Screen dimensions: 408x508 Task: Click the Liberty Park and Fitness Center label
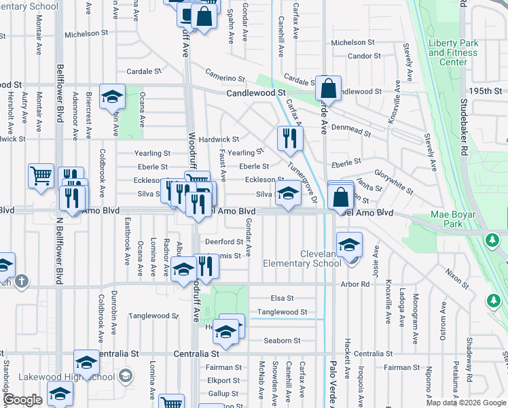point(453,52)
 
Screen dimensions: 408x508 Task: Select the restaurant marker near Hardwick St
point(289,139)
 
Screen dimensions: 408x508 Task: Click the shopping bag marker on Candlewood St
point(328,88)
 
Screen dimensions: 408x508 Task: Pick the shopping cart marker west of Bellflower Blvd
point(41,176)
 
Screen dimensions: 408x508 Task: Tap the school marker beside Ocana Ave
point(112,97)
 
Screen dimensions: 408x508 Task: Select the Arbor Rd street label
point(357,284)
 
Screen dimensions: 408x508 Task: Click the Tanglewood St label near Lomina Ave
point(153,316)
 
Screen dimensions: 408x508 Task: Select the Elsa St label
point(282,298)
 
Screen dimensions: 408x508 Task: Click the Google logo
point(23,400)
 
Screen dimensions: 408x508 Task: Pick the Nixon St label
point(456,277)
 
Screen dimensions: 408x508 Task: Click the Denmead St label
point(356,131)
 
